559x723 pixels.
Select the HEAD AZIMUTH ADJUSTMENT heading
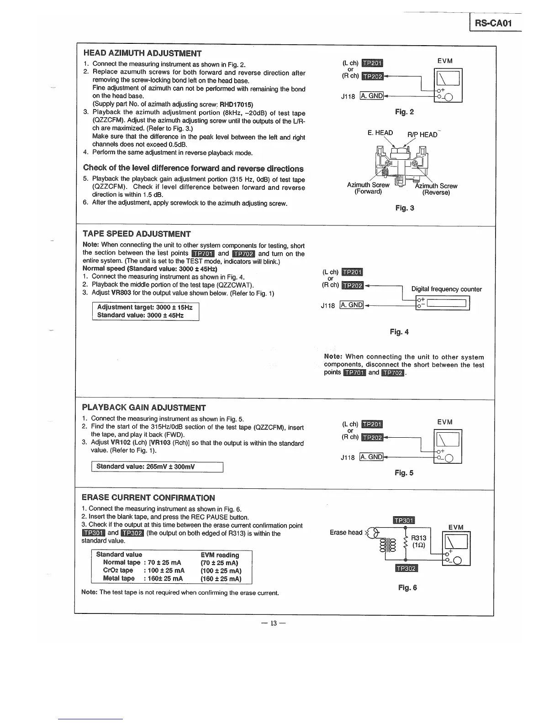(142, 53)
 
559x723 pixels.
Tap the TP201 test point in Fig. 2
(372, 63)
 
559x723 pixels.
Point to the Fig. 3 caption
(405, 208)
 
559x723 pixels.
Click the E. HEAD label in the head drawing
(380, 133)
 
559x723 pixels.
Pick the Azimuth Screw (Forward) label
(368, 188)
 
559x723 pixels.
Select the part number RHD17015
(237, 104)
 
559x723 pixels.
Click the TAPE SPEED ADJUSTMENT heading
(137, 234)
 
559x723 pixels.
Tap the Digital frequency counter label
(446, 289)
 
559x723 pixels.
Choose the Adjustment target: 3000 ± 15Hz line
(145, 307)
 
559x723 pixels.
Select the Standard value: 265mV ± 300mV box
(157, 467)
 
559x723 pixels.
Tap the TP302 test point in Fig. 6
(406, 568)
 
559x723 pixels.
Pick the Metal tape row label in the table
(119, 578)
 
